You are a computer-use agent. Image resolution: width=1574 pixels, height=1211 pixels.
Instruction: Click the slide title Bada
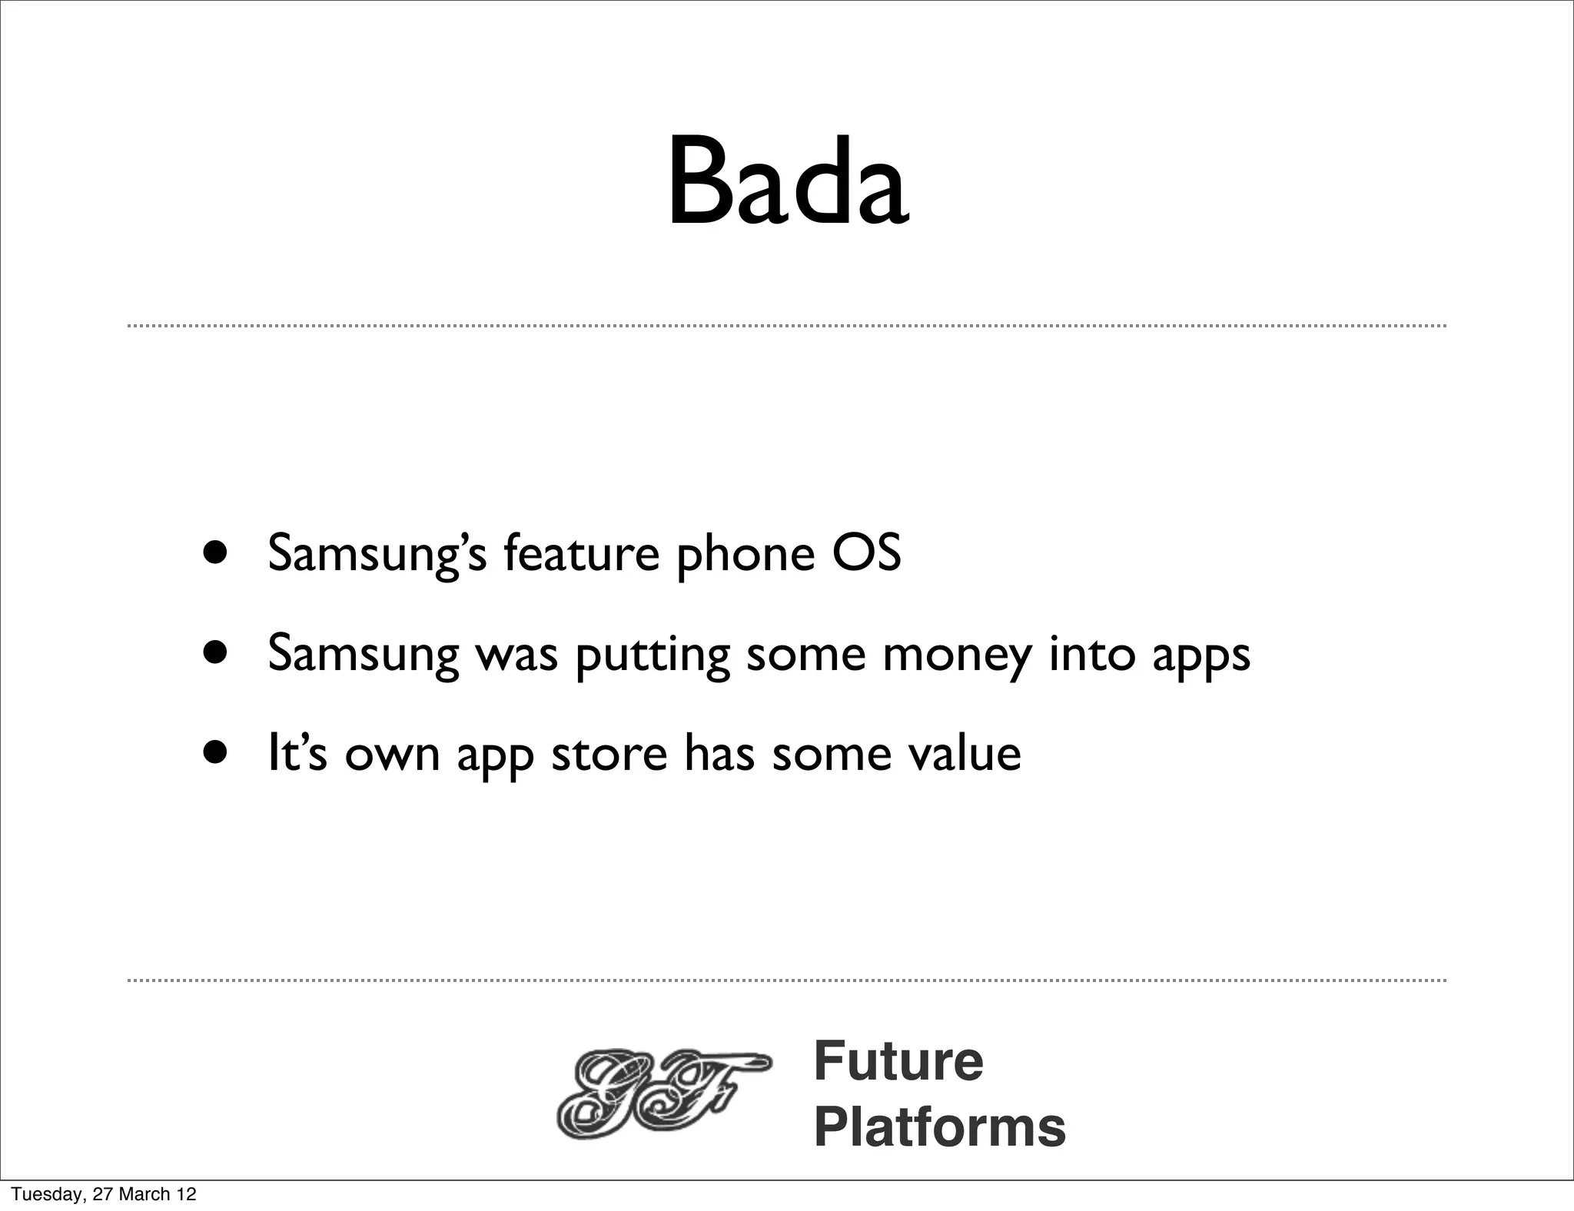[788, 184]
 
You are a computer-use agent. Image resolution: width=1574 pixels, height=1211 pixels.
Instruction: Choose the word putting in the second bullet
[653, 655]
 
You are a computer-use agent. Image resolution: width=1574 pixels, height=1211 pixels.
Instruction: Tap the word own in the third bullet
[392, 755]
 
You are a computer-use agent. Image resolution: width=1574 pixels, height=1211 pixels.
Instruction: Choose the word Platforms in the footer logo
[939, 1126]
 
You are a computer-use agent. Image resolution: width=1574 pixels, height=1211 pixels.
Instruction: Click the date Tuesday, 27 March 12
[105, 1194]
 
